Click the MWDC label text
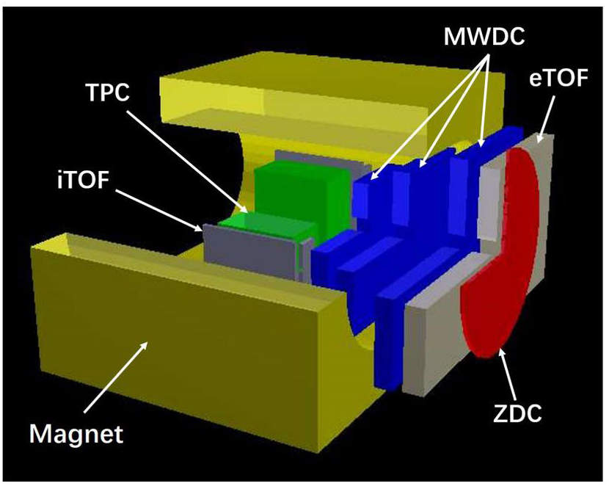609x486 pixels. pos(484,37)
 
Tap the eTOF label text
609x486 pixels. pos(558,79)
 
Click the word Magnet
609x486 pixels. pos(76,433)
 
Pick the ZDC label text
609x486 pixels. pos(517,413)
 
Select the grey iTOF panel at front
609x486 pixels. pos(252,253)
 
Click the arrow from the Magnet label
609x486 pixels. pos(115,377)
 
